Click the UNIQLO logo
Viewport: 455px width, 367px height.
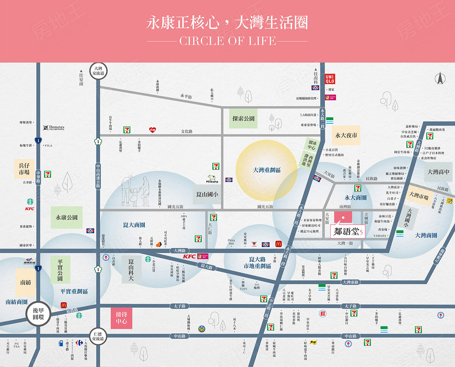click(329, 79)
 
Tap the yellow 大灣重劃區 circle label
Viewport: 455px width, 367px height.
click(266, 170)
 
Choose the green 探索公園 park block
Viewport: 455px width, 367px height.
click(243, 118)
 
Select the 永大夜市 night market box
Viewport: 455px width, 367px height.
click(346, 135)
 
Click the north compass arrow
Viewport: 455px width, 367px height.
click(441, 79)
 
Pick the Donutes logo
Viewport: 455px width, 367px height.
click(53, 128)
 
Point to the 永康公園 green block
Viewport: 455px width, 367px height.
click(66, 217)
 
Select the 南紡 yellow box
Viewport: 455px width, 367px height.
click(25, 282)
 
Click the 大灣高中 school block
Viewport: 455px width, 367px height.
click(438, 172)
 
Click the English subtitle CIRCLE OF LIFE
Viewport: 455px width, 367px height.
click(227, 41)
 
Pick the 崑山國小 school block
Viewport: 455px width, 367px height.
click(206, 195)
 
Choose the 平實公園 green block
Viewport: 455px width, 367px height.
click(60, 269)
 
